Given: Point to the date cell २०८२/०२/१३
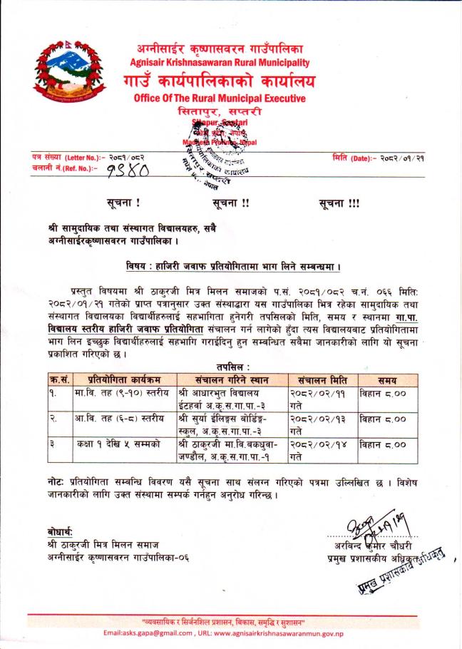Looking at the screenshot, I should click(319, 418).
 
